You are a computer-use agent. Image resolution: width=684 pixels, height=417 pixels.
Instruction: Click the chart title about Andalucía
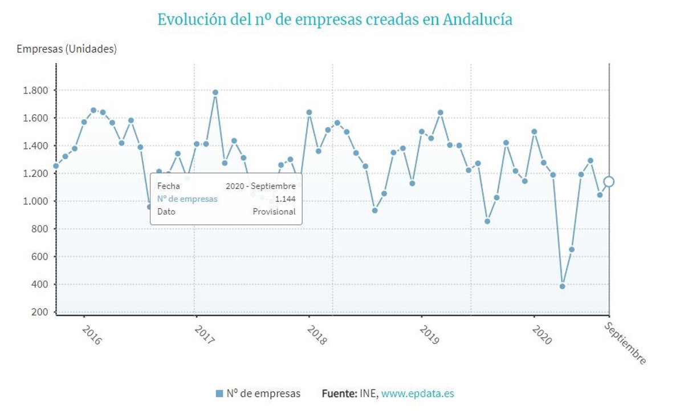click(335, 19)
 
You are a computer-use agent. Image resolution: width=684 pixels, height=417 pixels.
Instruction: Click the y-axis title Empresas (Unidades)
click(67, 49)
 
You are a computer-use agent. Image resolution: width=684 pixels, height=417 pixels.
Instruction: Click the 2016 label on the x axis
click(91, 335)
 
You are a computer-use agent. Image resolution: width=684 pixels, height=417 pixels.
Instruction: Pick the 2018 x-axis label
click(316, 335)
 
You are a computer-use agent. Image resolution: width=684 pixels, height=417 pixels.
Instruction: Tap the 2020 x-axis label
click(541, 335)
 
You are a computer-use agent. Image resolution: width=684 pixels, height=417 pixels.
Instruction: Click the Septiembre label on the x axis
click(625, 343)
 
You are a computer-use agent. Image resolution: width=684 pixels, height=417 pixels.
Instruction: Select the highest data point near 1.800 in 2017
click(215, 92)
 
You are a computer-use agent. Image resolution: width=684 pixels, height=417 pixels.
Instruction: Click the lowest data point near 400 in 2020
click(562, 286)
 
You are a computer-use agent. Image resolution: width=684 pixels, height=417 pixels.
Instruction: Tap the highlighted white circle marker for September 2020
click(609, 181)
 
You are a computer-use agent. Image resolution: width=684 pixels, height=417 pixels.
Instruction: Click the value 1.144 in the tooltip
click(285, 199)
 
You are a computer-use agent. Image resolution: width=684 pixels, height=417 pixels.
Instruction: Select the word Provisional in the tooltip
click(274, 212)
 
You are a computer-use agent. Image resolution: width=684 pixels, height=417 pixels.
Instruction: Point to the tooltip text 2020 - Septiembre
click(260, 186)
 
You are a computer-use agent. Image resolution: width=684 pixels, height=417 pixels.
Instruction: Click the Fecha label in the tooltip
click(168, 186)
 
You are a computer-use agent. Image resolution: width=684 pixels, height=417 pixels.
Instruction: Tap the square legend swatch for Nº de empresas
click(219, 394)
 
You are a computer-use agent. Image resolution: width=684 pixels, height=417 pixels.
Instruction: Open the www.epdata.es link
click(417, 394)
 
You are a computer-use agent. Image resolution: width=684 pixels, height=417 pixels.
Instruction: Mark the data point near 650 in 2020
click(572, 249)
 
